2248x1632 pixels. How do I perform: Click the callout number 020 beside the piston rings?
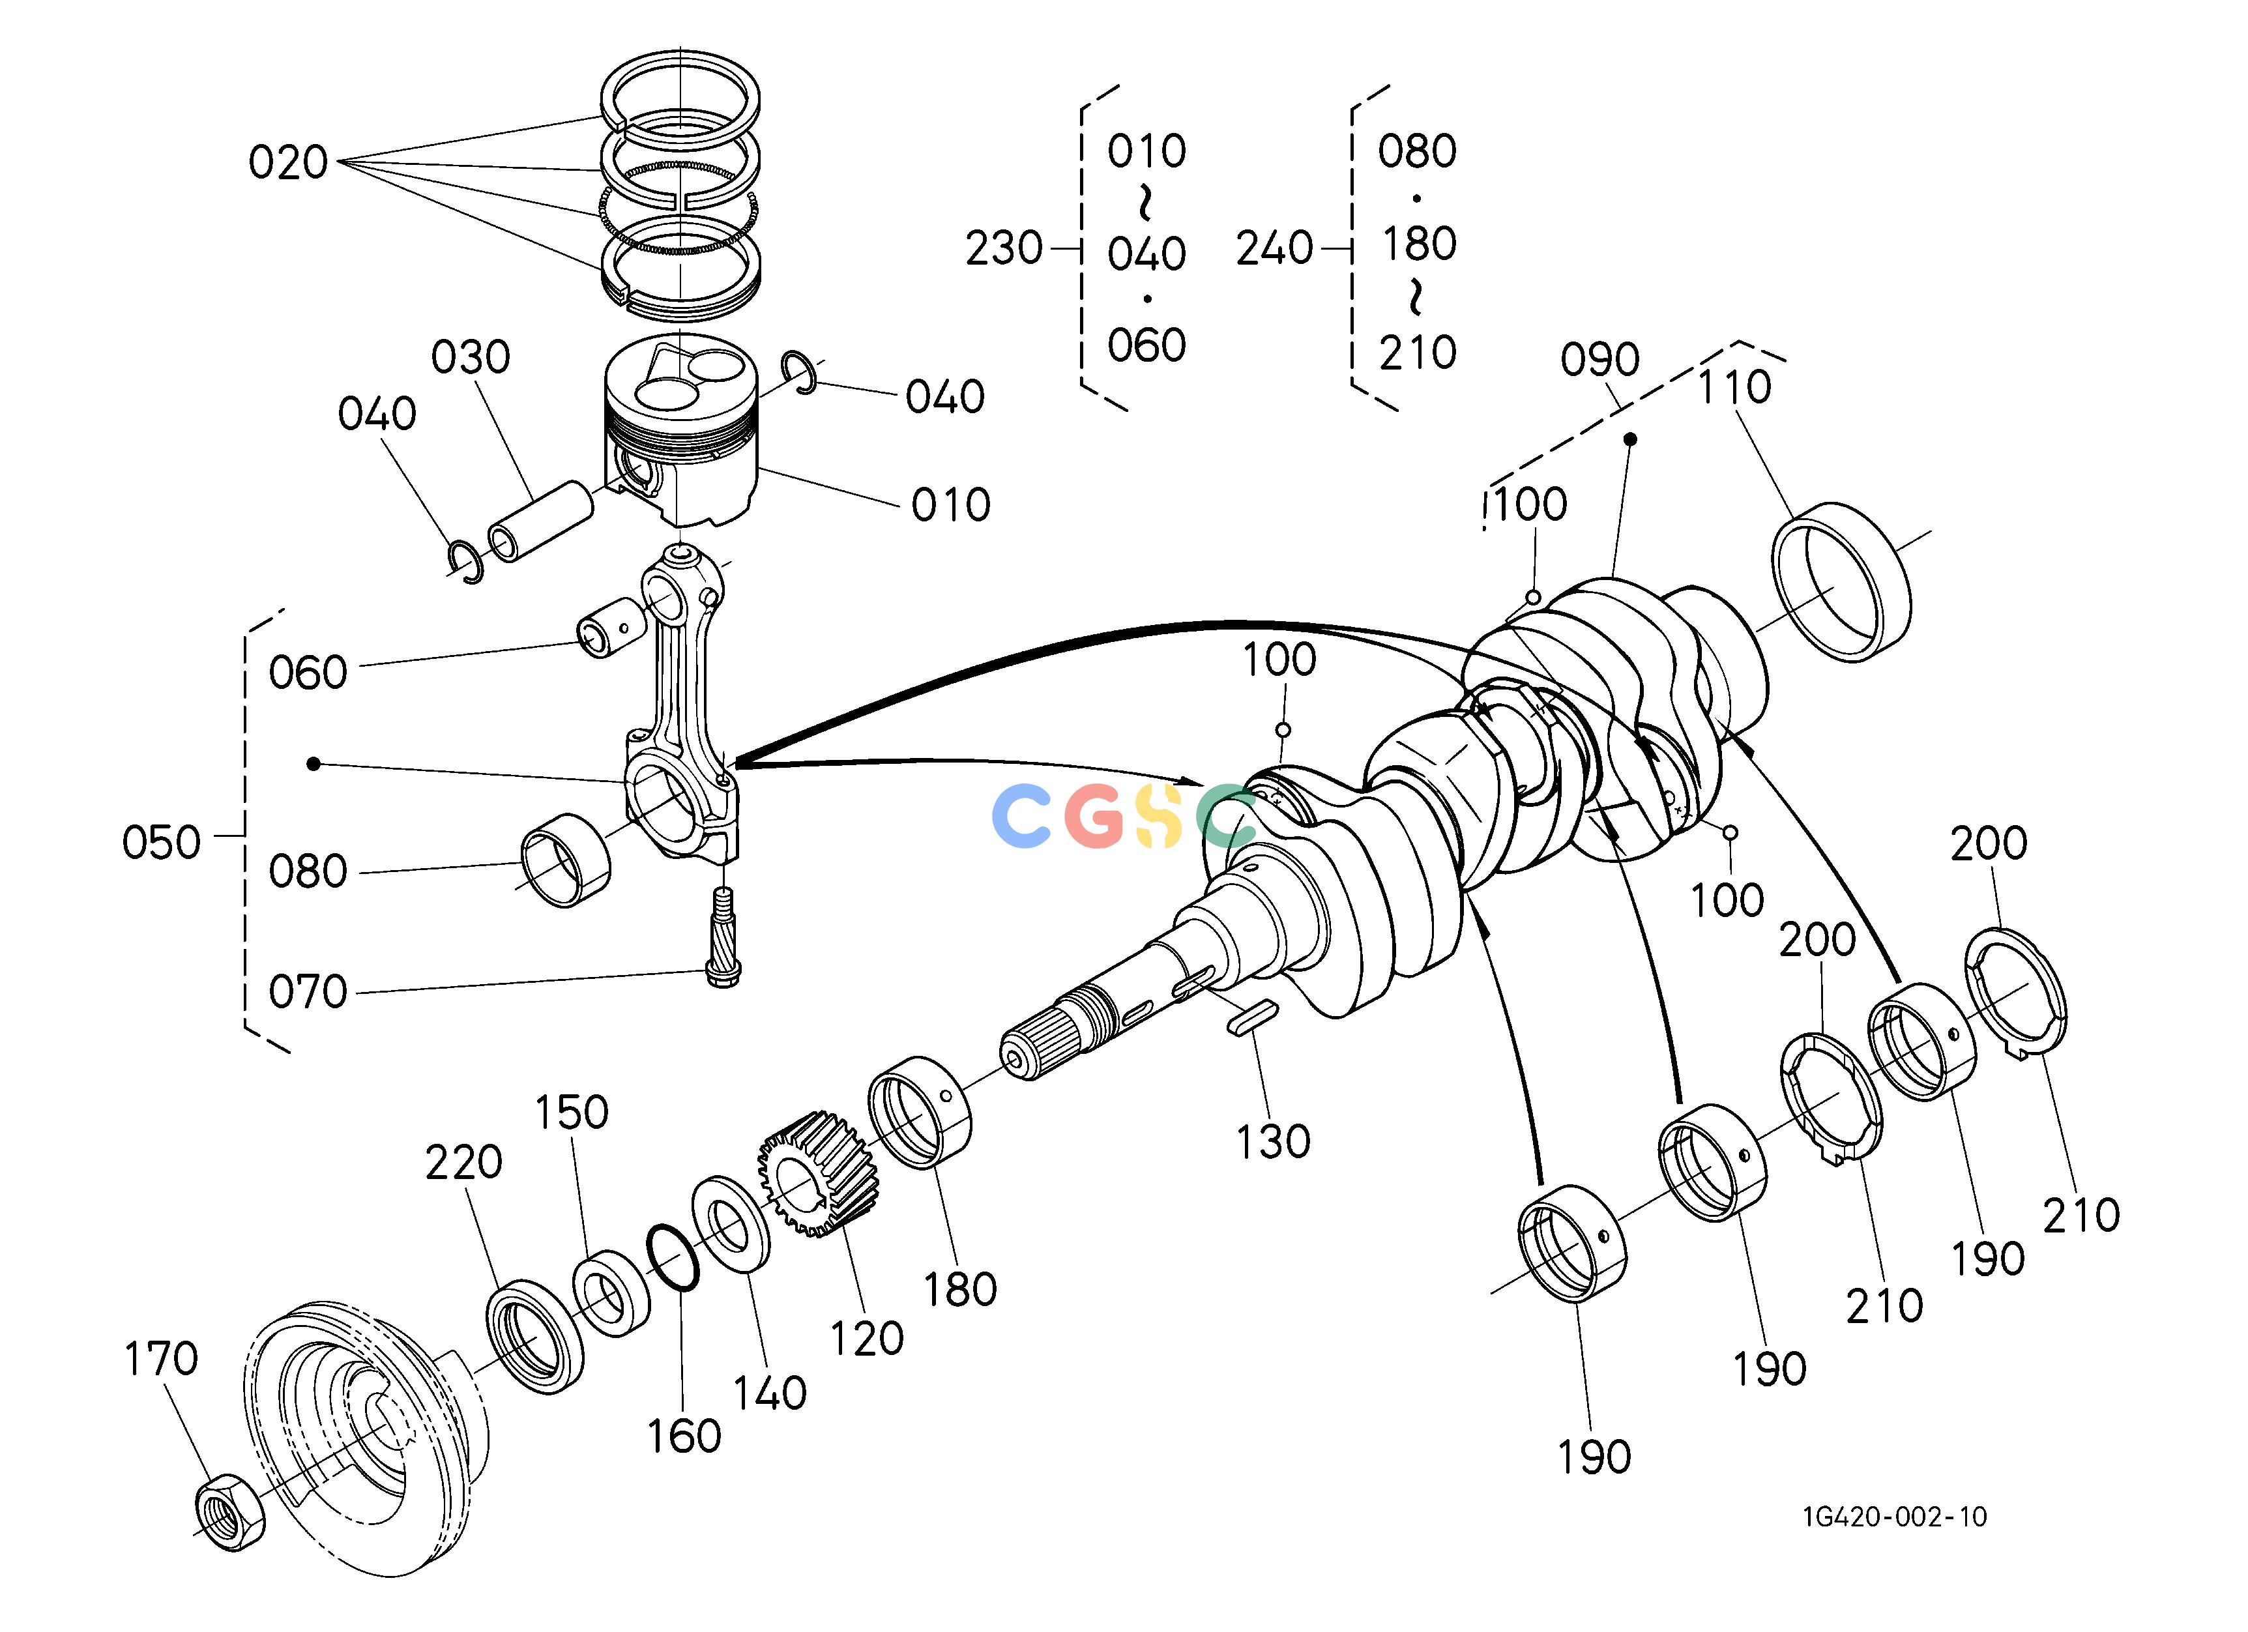pyautogui.click(x=287, y=162)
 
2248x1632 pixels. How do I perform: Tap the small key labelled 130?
pyautogui.click(x=1252, y=1019)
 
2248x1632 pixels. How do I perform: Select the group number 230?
pyautogui.click(x=1004, y=248)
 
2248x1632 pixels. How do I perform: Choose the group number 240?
pyautogui.click(x=1275, y=248)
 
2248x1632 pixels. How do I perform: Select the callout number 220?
pyautogui.click(x=464, y=1162)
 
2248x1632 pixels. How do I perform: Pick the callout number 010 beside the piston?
pyautogui.click(x=950, y=505)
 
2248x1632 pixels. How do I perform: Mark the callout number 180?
pyautogui.click(x=959, y=1290)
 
